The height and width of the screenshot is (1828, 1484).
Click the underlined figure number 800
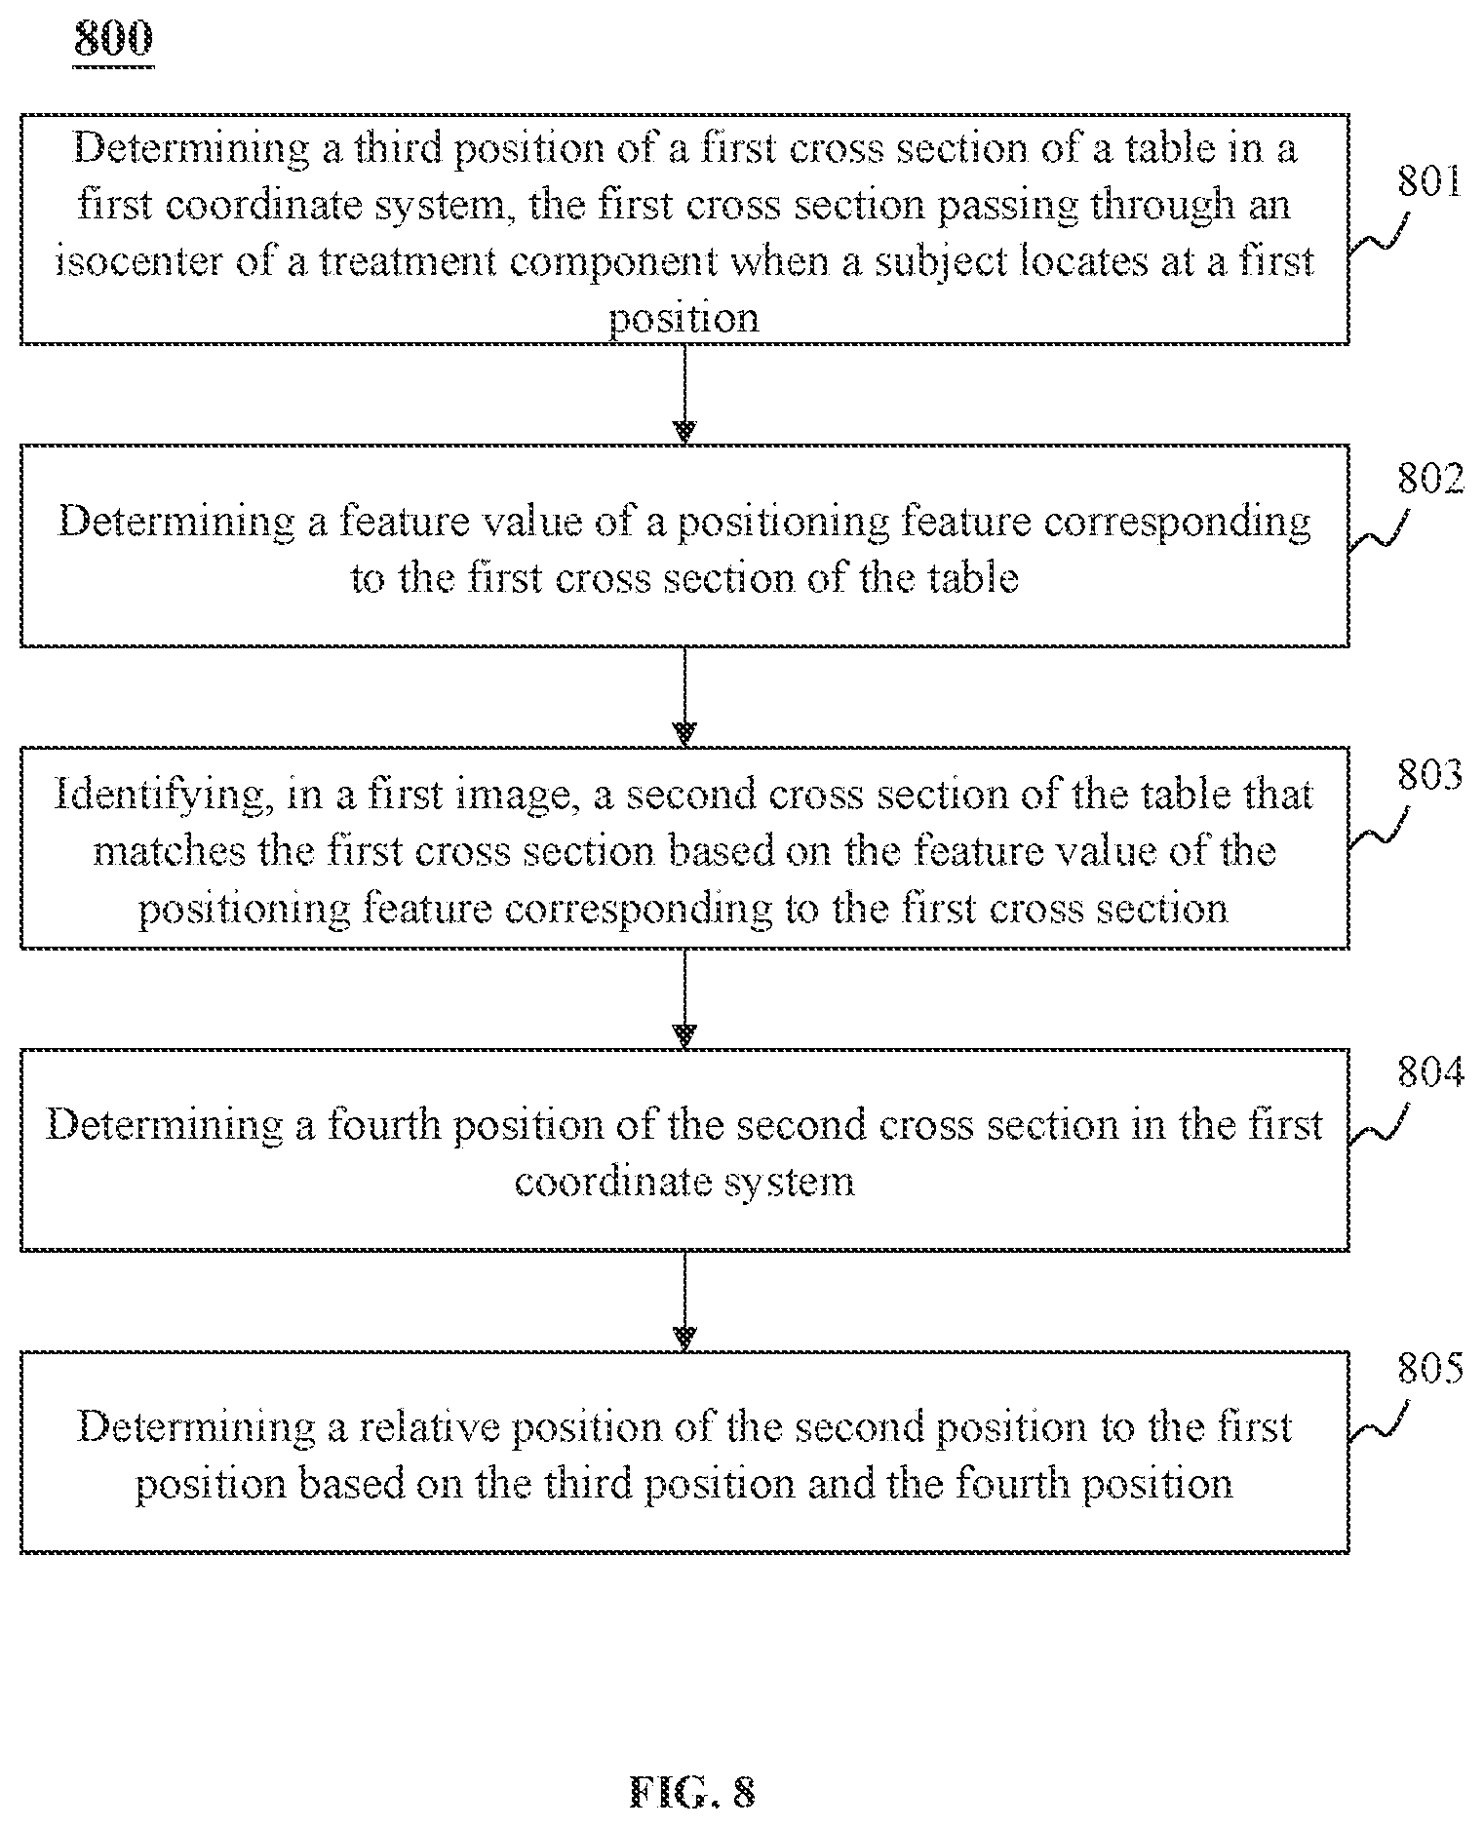[x=113, y=40]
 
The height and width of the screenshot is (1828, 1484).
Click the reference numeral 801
[x=1429, y=181]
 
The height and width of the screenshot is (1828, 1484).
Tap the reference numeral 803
[x=1430, y=776]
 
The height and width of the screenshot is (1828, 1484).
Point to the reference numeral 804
[x=1430, y=1071]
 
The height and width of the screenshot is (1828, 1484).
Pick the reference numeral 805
[x=1430, y=1368]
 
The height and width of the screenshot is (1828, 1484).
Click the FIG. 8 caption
[x=693, y=1791]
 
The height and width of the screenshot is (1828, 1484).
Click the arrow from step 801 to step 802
[x=685, y=395]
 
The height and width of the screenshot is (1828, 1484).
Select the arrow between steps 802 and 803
[x=685, y=696]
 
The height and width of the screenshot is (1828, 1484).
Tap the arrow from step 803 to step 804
[x=685, y=998]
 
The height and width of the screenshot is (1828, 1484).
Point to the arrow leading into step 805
[x=685, y=1301]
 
